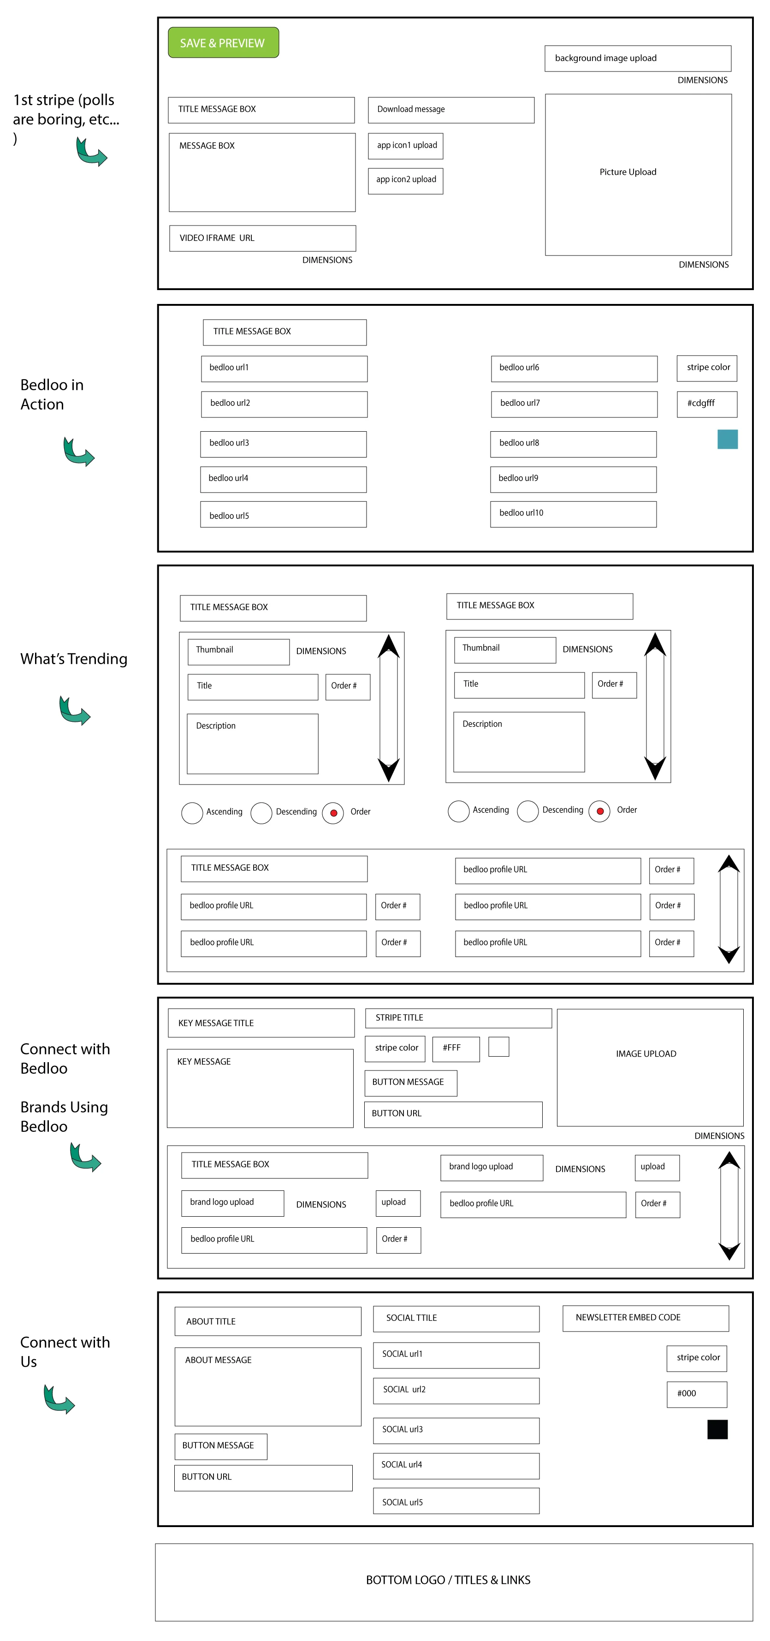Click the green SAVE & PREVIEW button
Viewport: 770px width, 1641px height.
pos(223,43)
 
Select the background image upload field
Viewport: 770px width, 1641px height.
pos(638,59)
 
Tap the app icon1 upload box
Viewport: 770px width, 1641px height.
pos(405,146)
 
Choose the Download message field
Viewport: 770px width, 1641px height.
pos(451,110)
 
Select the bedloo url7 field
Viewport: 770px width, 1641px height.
pos(574,404)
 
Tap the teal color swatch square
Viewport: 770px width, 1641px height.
pos(727,440)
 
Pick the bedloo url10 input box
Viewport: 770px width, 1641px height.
pos(573,514)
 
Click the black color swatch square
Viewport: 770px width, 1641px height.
pos(717,1429)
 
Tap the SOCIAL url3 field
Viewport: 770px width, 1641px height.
pos(456,1431)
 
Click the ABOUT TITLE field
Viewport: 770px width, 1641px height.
pos(268,1321)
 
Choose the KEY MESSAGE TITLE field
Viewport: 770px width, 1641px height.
pos(261,1023)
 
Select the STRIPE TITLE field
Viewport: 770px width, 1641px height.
pos(459,1018)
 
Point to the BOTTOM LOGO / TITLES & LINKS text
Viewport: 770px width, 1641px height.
pos(448,1580)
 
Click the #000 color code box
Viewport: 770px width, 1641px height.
pos(697,1394)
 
